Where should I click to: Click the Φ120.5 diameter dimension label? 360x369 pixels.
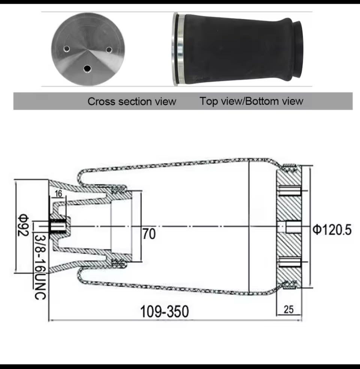tap(332, 230)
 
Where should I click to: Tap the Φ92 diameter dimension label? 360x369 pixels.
tap(23, 225)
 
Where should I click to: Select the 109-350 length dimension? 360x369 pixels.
tap(164, 311)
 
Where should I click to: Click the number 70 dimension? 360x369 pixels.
tap(149, 234)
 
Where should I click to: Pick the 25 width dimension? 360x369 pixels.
tap(288, 309)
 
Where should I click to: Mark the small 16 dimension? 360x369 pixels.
tap(58, 194)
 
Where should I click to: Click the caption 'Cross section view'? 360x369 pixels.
tap(132, 101)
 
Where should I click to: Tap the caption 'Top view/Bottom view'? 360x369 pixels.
tap(251, 101)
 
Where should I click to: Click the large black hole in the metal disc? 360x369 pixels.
tap(87, 68)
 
